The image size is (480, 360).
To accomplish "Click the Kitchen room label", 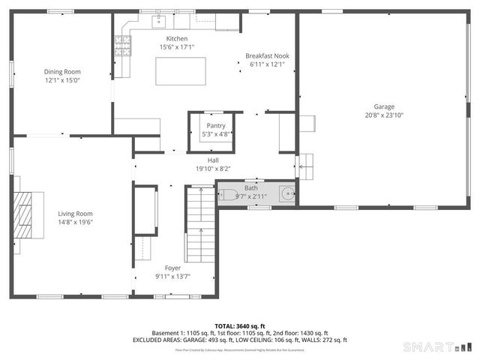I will tap(177, 39).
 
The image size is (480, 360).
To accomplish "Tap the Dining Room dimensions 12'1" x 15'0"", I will tap(62, 80).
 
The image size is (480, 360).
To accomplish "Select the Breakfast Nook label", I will tap(268, 56).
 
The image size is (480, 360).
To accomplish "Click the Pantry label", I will tap(216, 126).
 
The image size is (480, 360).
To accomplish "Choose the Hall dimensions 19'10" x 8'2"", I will tap(213, 169).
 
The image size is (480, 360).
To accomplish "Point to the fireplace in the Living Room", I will tap(25, 214).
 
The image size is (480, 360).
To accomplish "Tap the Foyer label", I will tap(173, 268).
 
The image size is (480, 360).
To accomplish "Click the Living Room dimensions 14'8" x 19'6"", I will tap(75, 222).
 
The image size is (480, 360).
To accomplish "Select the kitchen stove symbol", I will tap(121, 49).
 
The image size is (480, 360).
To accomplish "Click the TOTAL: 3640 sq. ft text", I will tap(240, 326).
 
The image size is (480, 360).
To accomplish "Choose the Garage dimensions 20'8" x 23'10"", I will tap(385, 115).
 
